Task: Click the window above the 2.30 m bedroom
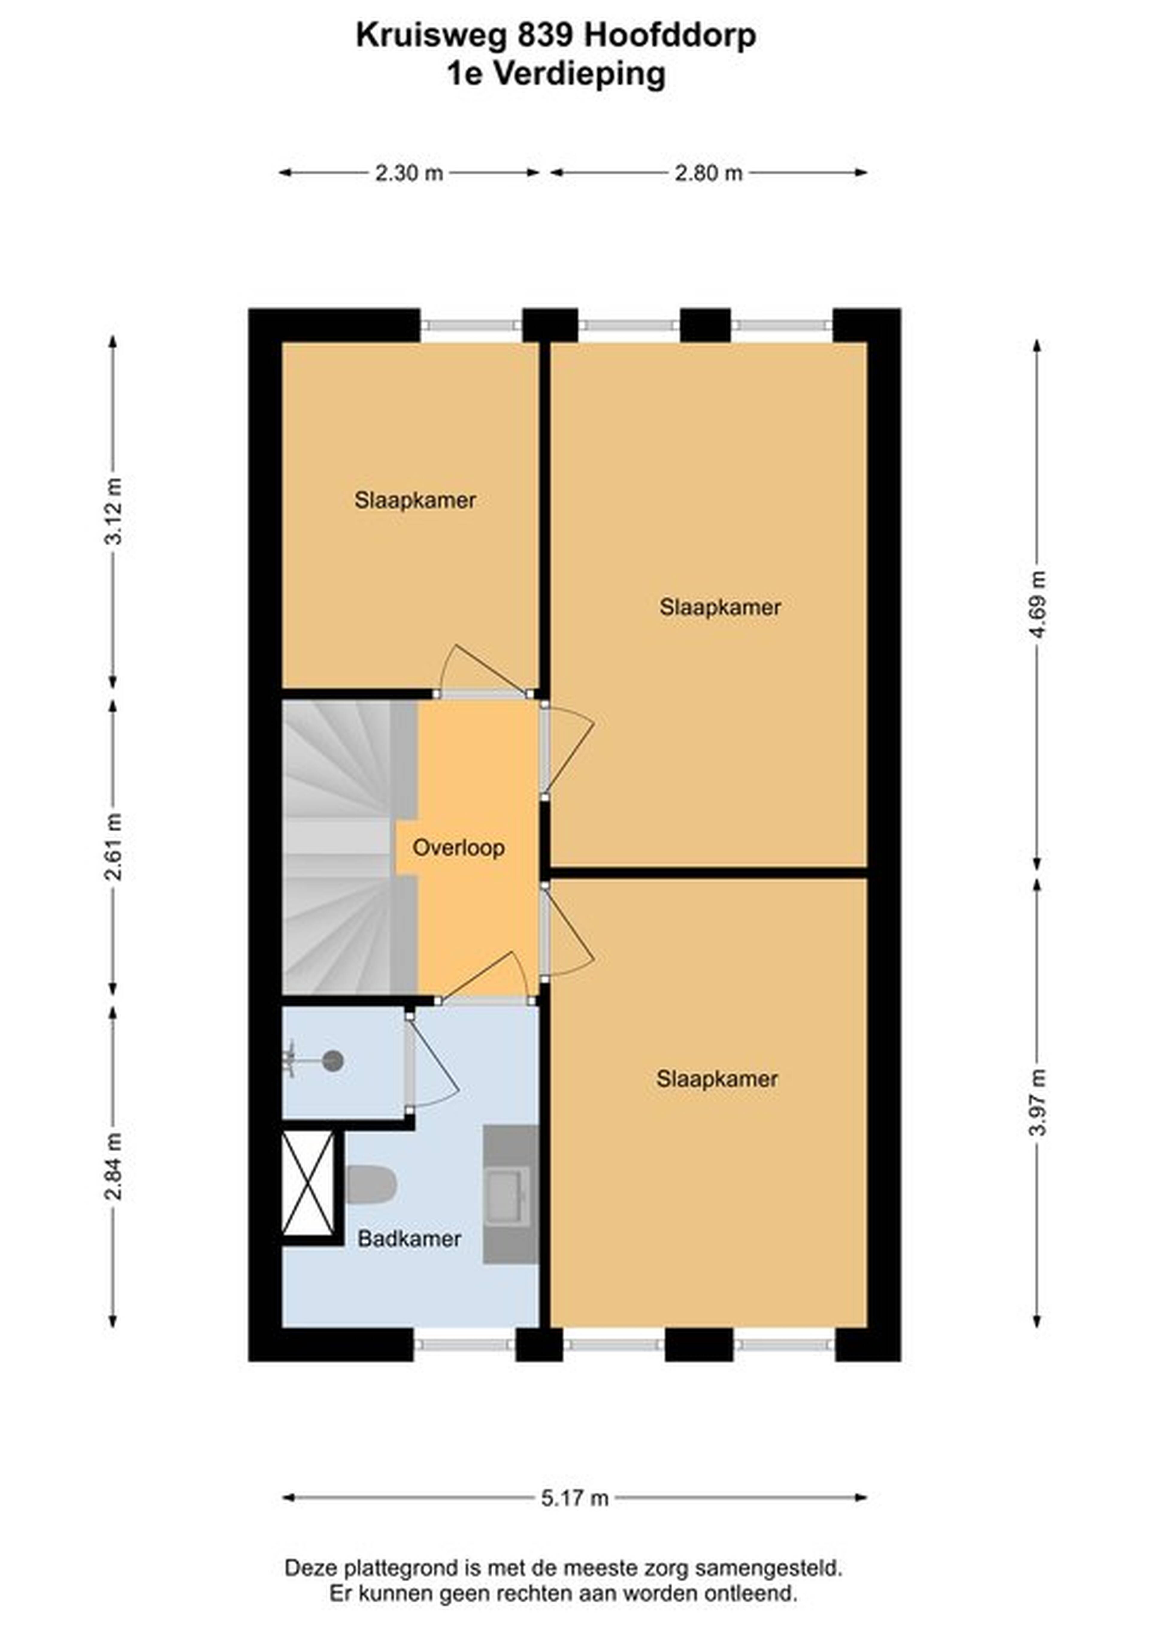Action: (471, 326)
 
